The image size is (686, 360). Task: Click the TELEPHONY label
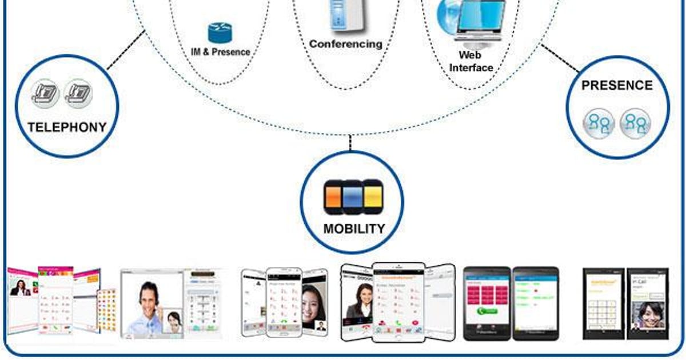pos(67,127)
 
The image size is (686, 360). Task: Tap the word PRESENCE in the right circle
pos(617,86)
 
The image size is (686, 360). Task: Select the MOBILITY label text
pos(354,229)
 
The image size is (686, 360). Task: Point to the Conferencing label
pos(345,43)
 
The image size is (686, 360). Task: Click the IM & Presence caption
pos(220,52)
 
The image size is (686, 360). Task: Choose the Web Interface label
pos(471,61)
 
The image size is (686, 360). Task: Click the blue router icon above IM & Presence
pos(220,33)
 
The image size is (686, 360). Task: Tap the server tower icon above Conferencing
pos(346,14)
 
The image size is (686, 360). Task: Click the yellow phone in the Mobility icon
pos(373,197)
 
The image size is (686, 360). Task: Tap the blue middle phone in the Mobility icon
pos(353,197)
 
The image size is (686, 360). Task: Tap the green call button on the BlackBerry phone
pos(487,312)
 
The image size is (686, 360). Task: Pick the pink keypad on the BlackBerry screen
pos(486,294)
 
